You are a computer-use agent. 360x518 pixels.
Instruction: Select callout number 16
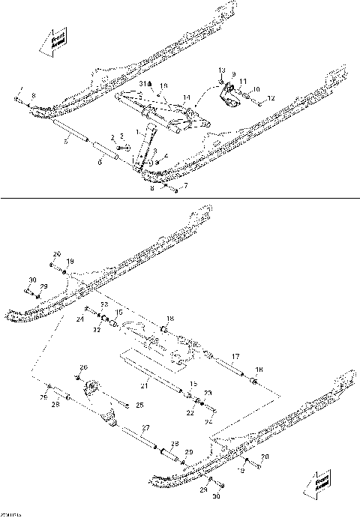tap(164, 85)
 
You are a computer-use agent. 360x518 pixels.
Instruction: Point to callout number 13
tap(222, 70)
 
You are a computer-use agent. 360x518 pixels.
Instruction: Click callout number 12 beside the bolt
tap(271, 98)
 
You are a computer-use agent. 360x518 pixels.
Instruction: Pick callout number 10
tap(256, 89)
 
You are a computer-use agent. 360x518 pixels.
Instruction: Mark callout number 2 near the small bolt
tap(113, 138)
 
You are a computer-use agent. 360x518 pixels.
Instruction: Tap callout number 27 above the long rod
tap(145, 427)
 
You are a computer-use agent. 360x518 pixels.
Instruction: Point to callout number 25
tap(139, 406)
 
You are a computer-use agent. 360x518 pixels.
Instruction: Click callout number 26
tap(84, 367)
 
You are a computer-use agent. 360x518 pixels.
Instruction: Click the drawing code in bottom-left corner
tap(10, 514)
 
